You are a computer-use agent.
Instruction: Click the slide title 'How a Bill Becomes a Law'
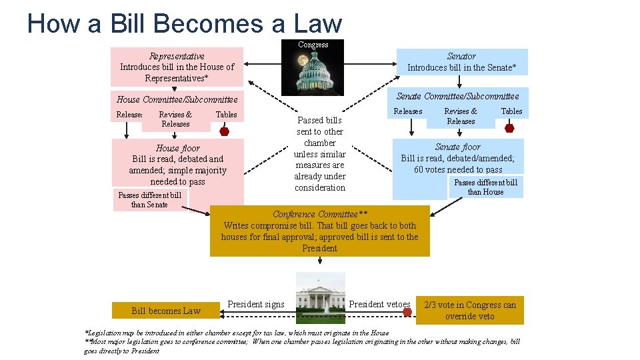(x=185, y=23)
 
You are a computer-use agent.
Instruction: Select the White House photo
(x=320, y=293)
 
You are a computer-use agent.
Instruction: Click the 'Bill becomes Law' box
(x=166, y=311)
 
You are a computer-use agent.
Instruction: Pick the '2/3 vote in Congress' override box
(x=470, y=311)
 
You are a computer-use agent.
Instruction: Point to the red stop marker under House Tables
(x=225, y=131)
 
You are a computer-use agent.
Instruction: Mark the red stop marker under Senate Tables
(x=510, y=127)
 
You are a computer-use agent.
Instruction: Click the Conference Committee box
(x=320, y=231)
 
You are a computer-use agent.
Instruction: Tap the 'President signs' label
(x=255, y=305)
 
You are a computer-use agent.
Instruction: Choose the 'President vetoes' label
(x=380, y=305)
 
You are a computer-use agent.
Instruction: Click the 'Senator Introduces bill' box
(x=461, y=62)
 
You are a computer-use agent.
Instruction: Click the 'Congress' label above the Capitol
(x=313, y=45)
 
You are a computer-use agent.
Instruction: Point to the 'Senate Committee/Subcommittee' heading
(x=457, y=96)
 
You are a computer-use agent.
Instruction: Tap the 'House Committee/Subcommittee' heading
(x=177, y=100)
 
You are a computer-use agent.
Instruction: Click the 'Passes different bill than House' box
(x=485, y=187)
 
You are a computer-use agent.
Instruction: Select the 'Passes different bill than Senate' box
(x=150, y=200)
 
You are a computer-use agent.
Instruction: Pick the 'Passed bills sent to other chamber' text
(x=320, y=154)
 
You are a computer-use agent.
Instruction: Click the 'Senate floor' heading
(x=457, y=147)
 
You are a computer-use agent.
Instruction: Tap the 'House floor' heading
(x=177, y=148)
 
